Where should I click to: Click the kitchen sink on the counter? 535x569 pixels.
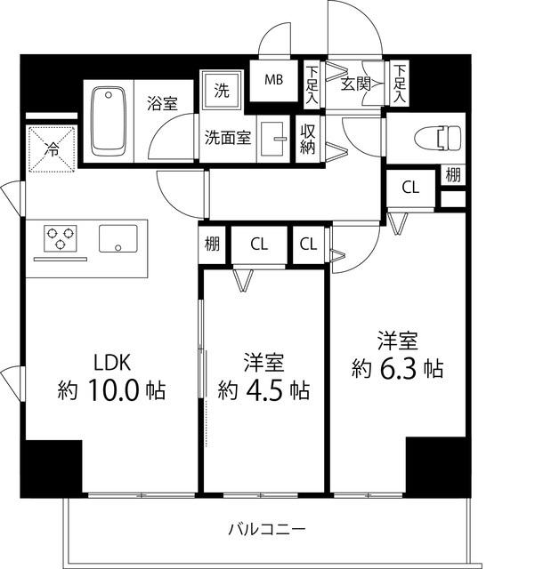coord(118,238)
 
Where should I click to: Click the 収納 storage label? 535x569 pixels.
coord(308,139)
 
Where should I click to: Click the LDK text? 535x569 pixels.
coord(113,363)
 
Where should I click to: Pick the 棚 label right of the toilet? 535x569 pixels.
coord(454,174)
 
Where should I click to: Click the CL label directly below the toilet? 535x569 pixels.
coord(409,188)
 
